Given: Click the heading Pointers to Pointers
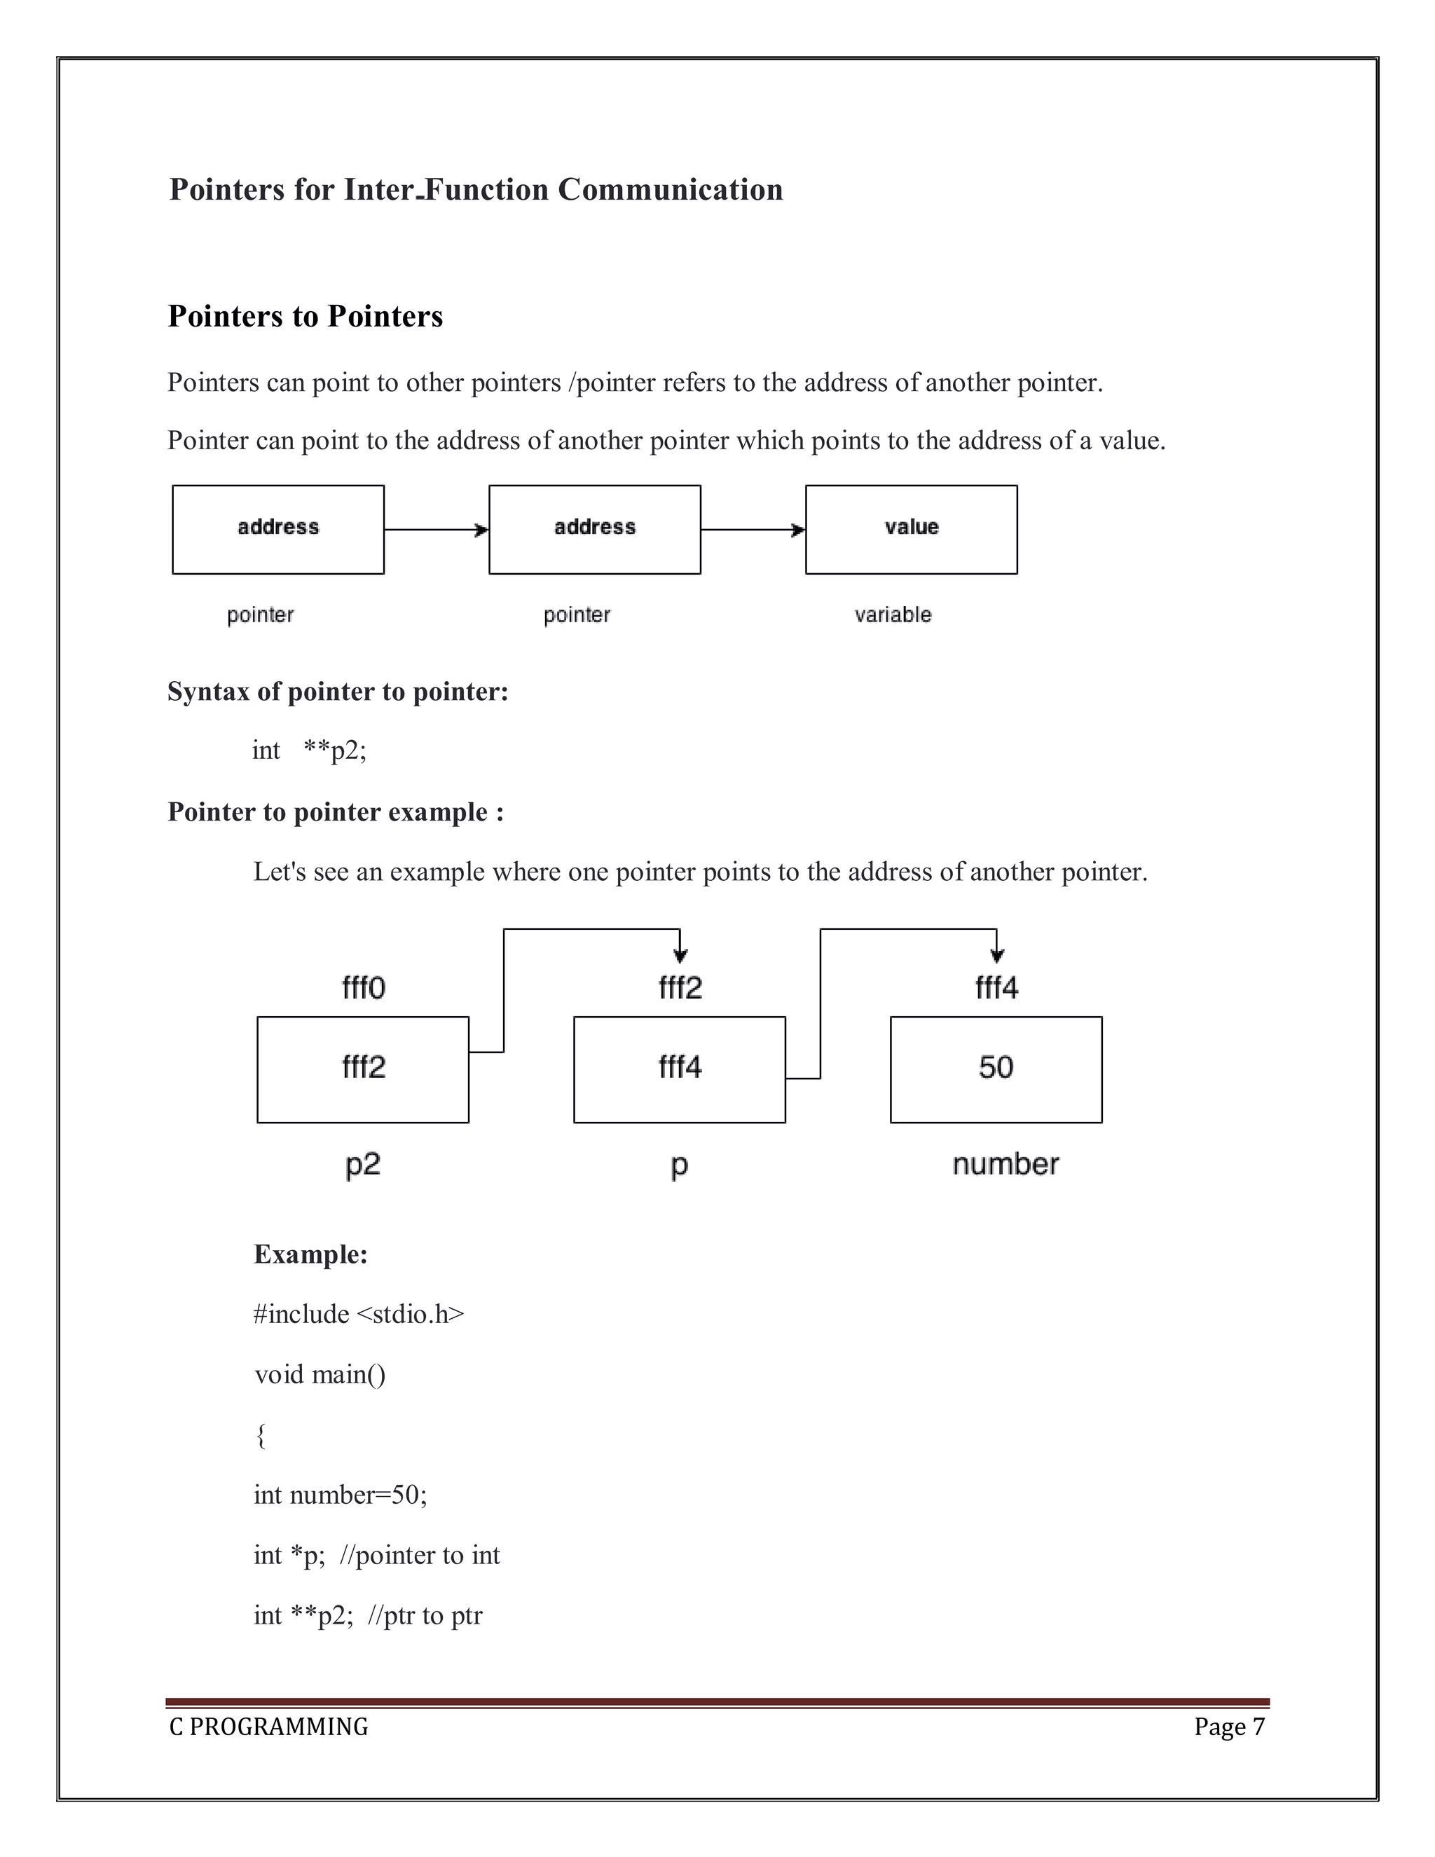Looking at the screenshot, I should coord(305,316).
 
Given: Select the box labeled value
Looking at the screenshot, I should coord(910,530).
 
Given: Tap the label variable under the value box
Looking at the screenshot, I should coord(893,615).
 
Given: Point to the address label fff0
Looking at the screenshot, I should coord(364,988).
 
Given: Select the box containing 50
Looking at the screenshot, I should coord(996,1069).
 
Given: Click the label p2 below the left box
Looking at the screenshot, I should coord(363,1164).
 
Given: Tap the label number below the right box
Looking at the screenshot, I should coord(1005,1164).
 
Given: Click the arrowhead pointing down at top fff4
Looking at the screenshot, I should coord(997,955).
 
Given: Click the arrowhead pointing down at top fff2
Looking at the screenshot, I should coord(680,955).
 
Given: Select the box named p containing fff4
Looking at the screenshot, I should coord(679,1069).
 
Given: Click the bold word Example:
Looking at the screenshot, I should coord(310,1255).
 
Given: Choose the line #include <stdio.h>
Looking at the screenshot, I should coord(359,1315).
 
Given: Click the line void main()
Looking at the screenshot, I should coord(320,1375).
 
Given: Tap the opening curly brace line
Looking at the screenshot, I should coord(261,1435).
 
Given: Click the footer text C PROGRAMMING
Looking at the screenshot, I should coord(268,1727).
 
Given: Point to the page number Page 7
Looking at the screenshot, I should coord(1228,1727).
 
